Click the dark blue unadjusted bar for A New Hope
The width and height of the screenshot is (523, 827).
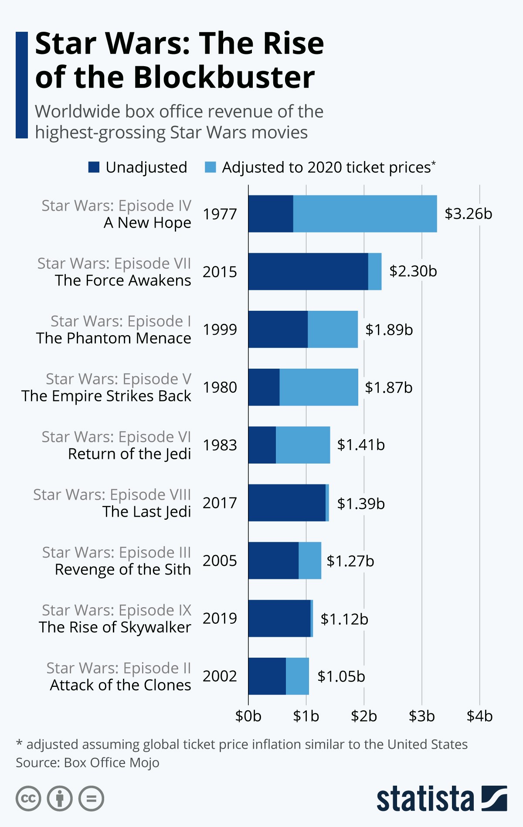click(271, 214)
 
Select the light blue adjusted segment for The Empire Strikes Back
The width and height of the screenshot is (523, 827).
click(319, 387)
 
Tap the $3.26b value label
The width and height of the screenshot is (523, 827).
click(468, 214)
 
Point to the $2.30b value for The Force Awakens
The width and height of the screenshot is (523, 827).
click(413, 271)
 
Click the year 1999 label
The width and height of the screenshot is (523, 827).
click(220, 329)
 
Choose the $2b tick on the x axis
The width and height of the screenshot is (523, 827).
click(364, 716)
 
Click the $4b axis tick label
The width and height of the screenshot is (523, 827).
click(479, 716)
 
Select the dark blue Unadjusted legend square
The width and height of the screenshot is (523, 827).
click(94, 167)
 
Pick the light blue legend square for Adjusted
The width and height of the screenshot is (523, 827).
click(210, 167)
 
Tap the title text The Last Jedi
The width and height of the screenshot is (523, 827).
click(146, 511)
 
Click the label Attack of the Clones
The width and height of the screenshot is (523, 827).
click(120, 685)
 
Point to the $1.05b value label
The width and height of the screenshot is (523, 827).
click(341, 676)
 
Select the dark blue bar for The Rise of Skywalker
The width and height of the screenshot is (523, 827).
click(279, 619)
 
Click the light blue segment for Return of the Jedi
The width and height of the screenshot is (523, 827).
click(303, 445)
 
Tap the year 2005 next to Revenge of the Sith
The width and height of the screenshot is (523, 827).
click(220, 561)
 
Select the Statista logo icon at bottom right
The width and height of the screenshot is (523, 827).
click(494, 798)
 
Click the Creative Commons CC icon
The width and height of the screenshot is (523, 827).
click(28, 799)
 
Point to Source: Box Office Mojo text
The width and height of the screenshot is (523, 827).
click(88, 763)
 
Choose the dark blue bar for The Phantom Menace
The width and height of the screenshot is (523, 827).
click(278, 329)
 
